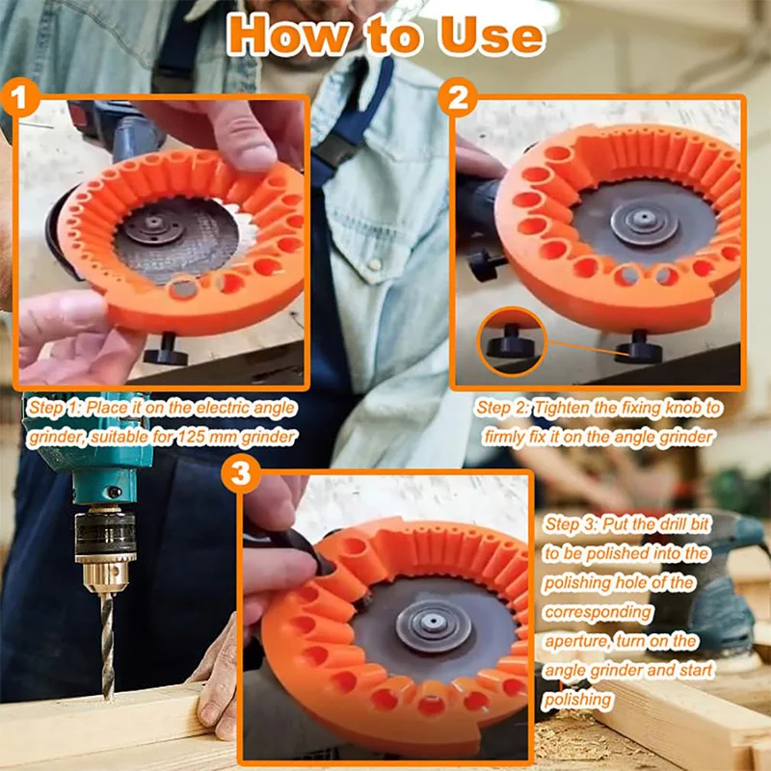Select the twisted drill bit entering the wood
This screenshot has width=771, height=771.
tap(107, 636)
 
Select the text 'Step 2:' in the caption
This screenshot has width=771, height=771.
tap(502, 408)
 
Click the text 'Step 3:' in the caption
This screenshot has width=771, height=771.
tap(570, 524)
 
